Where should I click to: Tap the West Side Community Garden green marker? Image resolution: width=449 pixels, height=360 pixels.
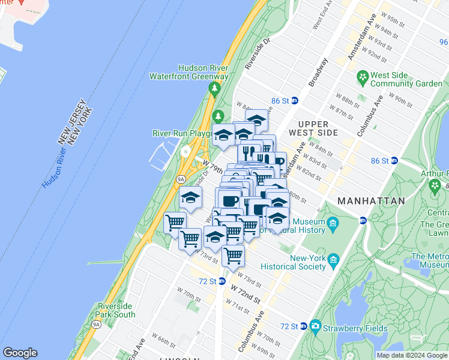coord(362,77)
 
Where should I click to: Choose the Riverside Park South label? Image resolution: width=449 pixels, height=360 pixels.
coord(115,310)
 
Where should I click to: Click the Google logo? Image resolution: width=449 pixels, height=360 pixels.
coord(20,353)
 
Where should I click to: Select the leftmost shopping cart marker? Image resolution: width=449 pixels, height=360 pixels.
coord(174,223)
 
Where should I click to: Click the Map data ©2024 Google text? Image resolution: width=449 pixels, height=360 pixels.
coord(412,355)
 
